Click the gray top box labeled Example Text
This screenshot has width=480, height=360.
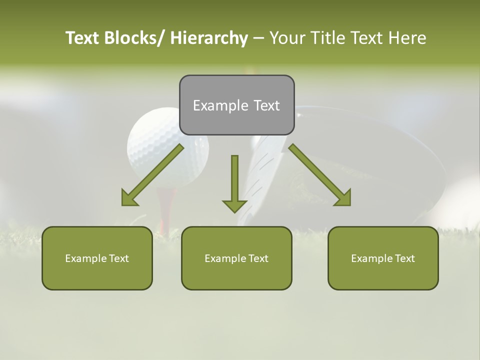(236, 105)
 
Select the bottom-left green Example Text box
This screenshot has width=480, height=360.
(97, 258)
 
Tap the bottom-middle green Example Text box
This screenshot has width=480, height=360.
(236, 258)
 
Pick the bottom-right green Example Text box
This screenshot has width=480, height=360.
(383, 258)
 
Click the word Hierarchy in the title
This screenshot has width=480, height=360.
(209, 38)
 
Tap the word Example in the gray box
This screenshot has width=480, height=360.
(220, 105)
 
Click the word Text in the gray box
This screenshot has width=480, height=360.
(265, 105)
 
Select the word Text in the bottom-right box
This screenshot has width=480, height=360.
(404, 258)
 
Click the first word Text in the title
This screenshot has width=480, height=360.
(82, 38)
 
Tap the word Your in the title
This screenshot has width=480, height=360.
(287, 38)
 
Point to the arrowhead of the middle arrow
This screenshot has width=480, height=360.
(234, 205)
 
